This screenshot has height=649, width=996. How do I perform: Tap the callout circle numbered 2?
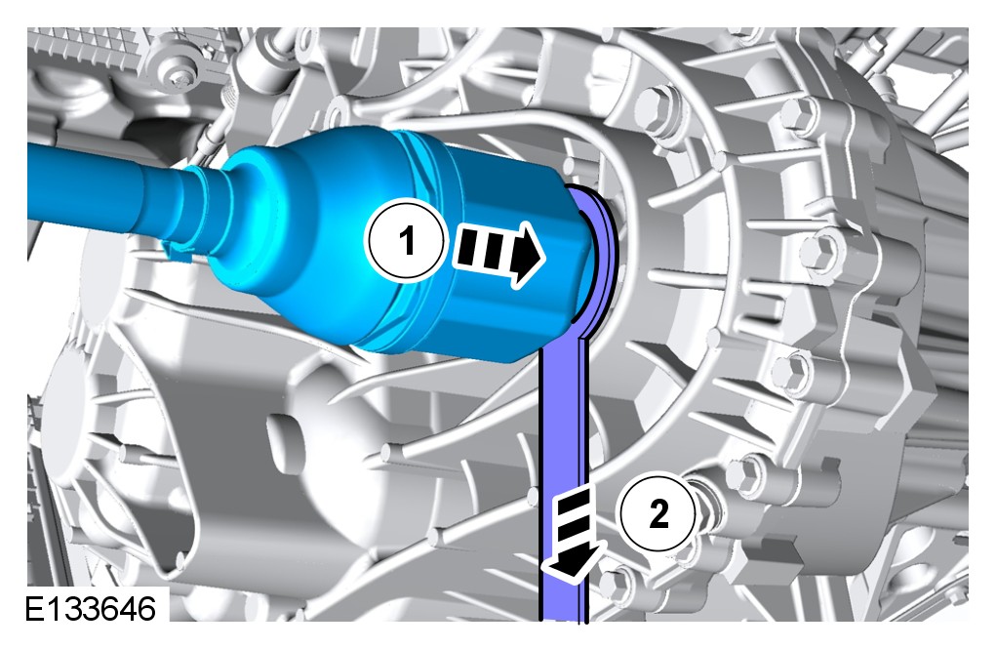point(659,512)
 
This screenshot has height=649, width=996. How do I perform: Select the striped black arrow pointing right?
point(498,255)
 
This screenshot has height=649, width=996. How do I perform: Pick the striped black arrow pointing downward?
point(573,532)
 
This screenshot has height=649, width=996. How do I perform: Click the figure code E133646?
point(90,608)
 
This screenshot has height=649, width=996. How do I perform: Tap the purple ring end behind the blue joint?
point(597,255)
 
